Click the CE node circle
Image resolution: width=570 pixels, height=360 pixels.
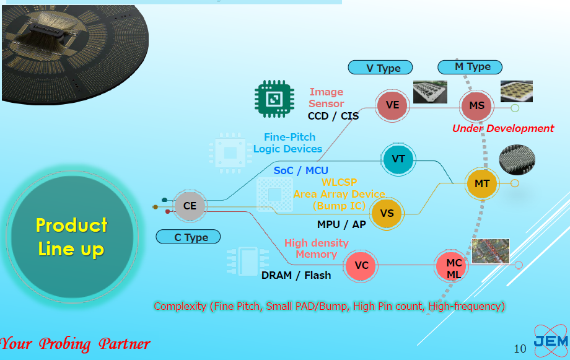[190, 206]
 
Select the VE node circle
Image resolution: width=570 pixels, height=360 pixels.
[392, 105]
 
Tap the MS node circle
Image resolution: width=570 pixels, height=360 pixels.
[476, 106]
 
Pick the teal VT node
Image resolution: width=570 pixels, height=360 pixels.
[398, 159]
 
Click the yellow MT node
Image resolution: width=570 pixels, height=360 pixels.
[481, 183]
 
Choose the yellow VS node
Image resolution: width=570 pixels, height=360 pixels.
[387, 214]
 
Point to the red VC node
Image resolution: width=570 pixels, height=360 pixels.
[361, 266]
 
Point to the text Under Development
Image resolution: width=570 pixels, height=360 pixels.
[503, 129]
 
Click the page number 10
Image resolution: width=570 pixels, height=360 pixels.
[520, 349]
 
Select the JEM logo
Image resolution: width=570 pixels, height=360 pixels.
[550, 340]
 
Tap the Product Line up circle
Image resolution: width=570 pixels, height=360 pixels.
[71, 237]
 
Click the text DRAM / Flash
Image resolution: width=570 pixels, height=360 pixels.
[296, 275]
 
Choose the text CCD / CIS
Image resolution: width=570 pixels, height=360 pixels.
[333, 116]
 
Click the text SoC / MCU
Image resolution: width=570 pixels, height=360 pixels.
[301, 170]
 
